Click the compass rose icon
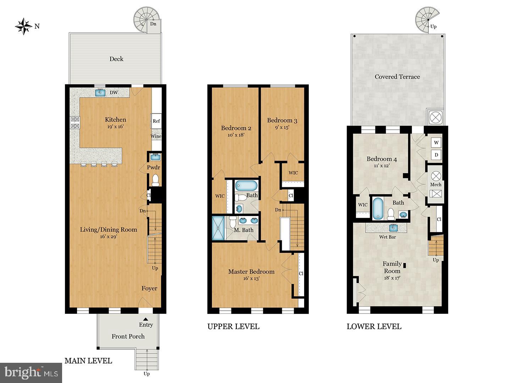(x=24, y=26)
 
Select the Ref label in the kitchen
(x=156, y=121)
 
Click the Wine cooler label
(x=156, y=136)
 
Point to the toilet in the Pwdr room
(x=155, y=181)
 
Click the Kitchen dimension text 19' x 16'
(x=116, y=127)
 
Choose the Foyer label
(x=149, y=288)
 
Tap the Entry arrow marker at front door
(x=146, y=319)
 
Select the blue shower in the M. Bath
(x=218, y=228)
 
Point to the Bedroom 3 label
(x=282, y=120)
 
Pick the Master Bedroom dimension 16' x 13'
(x=251, y=278)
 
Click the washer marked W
(x=436, y=143)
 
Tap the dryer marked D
(x=436, y=155)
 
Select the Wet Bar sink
(x=393, y=227)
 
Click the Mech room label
(x=435, y=184)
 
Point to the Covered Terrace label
(x=397, y=77)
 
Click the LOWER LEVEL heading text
(x=374, y=326)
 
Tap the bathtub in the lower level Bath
(x=378, y=208)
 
